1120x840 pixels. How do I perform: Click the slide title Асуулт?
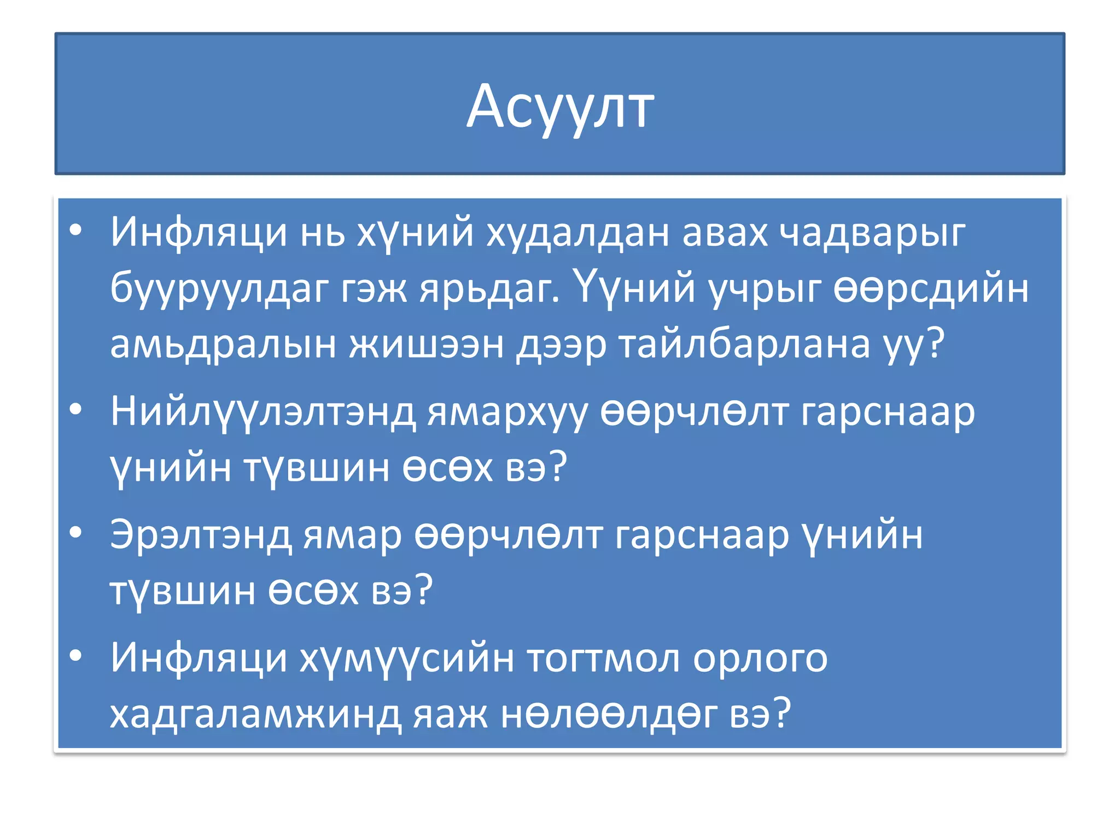pos(560,107)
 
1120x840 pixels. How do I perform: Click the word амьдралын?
pos(223,345)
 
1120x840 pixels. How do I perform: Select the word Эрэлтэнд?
pos(200,535)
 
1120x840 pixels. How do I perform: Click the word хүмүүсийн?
pos(407,658)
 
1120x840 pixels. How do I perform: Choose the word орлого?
pos(760,658)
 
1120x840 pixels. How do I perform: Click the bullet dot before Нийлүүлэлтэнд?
pos(76,409)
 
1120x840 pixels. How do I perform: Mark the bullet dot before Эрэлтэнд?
pos(76,532)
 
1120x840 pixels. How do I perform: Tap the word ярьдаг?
pos(489,289)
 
